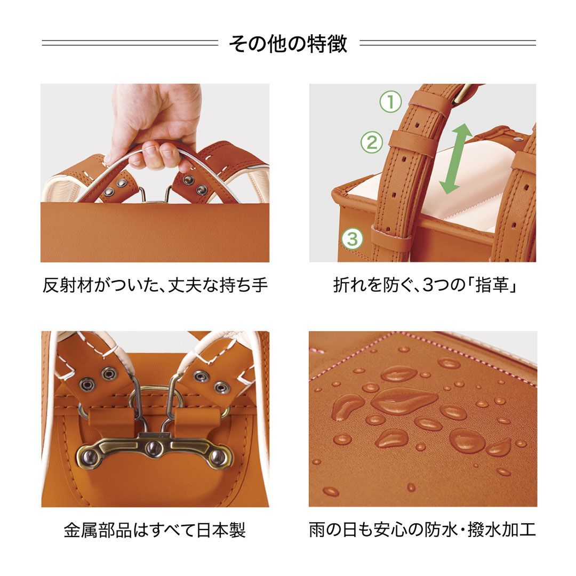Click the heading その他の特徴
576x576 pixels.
point(288,44)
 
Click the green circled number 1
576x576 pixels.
point(390,102)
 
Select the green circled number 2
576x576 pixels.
point(372,142)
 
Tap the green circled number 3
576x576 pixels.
point(352,238)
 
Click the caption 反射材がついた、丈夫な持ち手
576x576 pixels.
point(155,286)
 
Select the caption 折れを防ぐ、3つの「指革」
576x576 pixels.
point(426,286)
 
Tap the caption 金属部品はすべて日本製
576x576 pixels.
point(155,531)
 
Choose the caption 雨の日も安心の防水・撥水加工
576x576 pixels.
point(422,531)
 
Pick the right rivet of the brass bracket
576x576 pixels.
point(218,456)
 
